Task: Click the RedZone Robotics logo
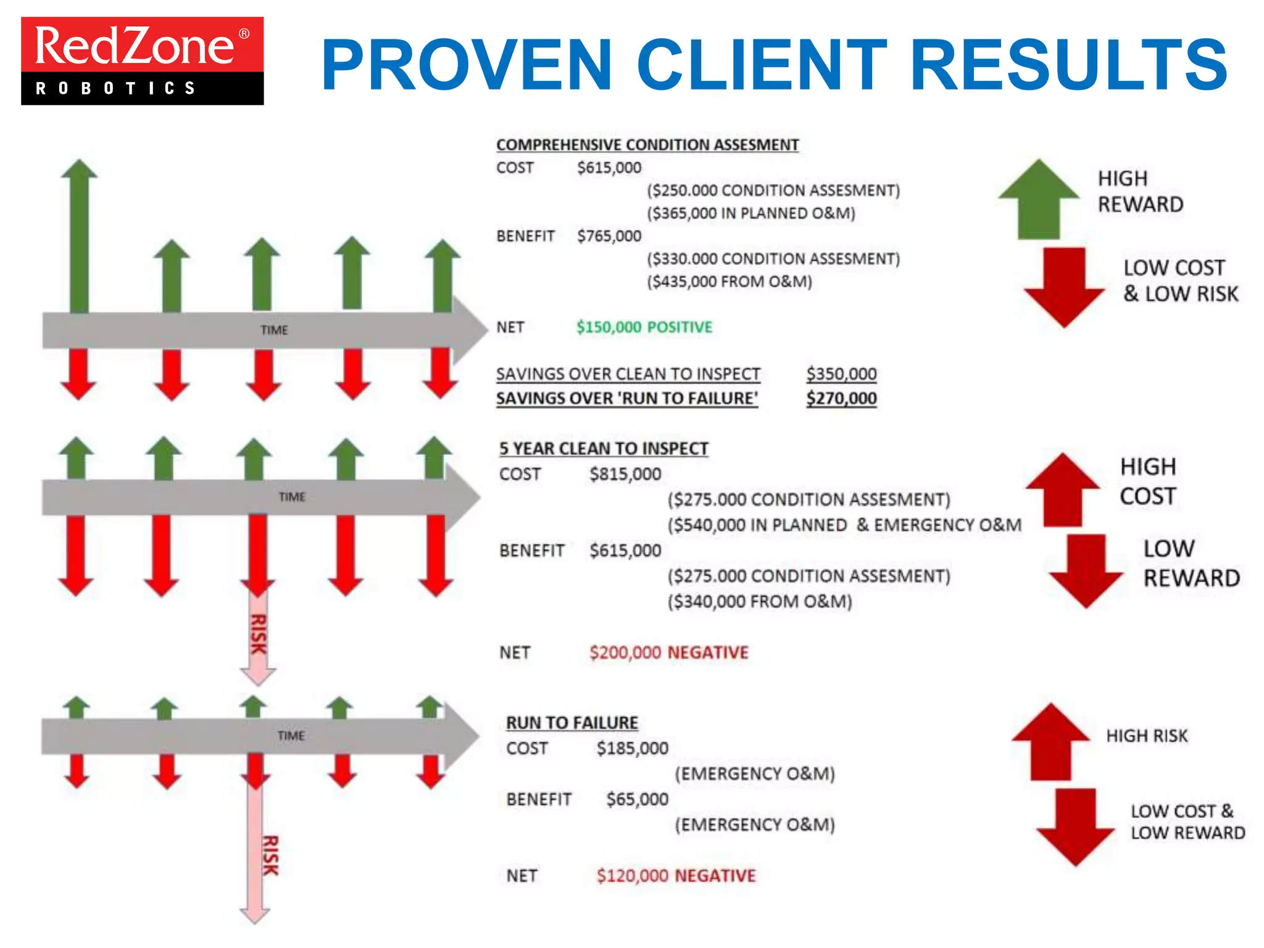tap(142, 60)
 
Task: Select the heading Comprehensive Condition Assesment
tap(647, 144)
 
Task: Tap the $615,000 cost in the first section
tap(609, 168)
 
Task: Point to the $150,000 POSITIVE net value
tap(644, 327)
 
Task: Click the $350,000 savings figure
tap(841, 374)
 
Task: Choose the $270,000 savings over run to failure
tap(841, 399)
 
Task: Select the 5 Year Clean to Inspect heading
tap(604, 449)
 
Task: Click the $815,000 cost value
tap(625, 474)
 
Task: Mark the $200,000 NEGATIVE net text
tap(668, 652)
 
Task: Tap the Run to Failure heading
tap(572, 723)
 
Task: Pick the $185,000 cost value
tap(632, 749)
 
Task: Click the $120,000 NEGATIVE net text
tap(676, 876)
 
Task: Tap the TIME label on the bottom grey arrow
tap(291, 736)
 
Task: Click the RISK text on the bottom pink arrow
tap(270, 855)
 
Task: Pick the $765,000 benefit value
tap(609, 236)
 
